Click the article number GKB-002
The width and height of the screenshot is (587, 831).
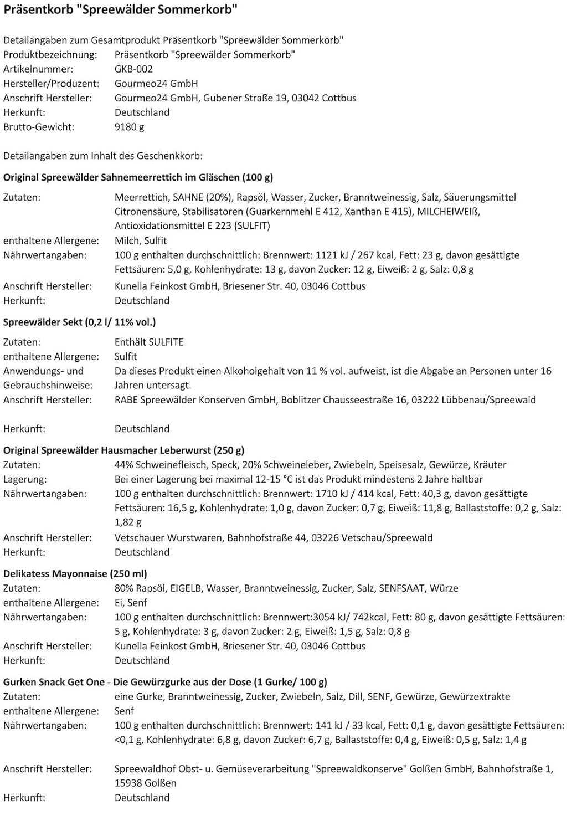click(x=133, y=69)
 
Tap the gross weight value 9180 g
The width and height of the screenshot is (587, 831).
click(x=129, y=127)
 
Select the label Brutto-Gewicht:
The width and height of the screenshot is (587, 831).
click(x=39, y=127)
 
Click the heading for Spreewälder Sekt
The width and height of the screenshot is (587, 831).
click(x=79, y=322)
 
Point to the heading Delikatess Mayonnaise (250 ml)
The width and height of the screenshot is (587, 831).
click(x=75, y=574)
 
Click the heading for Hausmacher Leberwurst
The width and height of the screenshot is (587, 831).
click(x=123, y=450)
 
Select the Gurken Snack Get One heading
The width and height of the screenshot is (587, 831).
click(x=165, y=682)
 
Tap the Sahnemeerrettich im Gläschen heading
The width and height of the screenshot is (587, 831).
click(x=138, y=177)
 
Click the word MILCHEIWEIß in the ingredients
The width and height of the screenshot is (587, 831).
click(x=448, y=212)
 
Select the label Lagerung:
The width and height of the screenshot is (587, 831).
click(x=25, y=479)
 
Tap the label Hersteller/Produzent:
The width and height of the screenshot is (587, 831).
click(x=52, y=84)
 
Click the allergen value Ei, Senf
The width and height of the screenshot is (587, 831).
click(x=131, y=603)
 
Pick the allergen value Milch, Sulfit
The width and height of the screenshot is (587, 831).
click(x=141, y=240)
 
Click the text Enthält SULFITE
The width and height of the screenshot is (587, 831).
click(x=149, y=342)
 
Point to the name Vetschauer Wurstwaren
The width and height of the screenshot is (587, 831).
click(x=167, y=538)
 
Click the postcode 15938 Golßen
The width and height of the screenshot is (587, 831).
click(x=145, y=783)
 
